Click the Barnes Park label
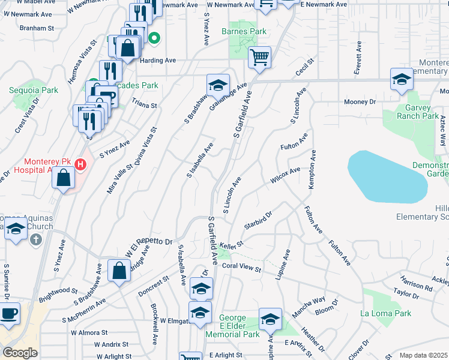click(244, 31)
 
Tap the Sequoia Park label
click(34, 90)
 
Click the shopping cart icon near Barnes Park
click(259, 58)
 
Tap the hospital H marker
click(83, 162)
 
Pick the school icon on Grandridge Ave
click(218, 84)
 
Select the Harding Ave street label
click(158, 61)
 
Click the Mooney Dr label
click(360, 102)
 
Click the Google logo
click(20, 353)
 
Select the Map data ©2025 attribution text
click(423, 355)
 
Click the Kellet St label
click(231, 244)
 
